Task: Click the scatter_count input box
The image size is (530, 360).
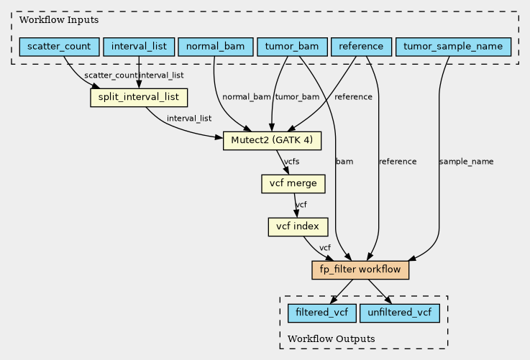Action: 59,47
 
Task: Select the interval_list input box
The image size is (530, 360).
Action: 139,47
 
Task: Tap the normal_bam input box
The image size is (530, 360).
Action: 215,47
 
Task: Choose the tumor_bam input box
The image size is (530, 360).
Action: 292,47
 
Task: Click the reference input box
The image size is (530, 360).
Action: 361,47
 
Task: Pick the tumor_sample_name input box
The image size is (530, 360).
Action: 453,47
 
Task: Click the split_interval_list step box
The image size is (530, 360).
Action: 139,98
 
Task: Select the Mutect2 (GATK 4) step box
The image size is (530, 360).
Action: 272,141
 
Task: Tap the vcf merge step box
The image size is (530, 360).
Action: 293,184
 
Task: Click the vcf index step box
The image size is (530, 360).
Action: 298,226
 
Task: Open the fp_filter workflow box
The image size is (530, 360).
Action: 360,270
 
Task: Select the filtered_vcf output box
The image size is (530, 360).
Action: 321,313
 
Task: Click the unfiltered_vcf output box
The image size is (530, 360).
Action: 400,313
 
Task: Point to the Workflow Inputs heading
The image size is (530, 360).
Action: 59,20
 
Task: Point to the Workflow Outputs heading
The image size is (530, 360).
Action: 332,338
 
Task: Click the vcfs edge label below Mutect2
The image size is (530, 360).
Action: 292,162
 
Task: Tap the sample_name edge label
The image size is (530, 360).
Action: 466,162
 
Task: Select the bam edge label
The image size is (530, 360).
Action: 344,162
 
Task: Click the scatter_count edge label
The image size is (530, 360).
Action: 111,75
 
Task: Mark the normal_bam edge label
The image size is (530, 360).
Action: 247,97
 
